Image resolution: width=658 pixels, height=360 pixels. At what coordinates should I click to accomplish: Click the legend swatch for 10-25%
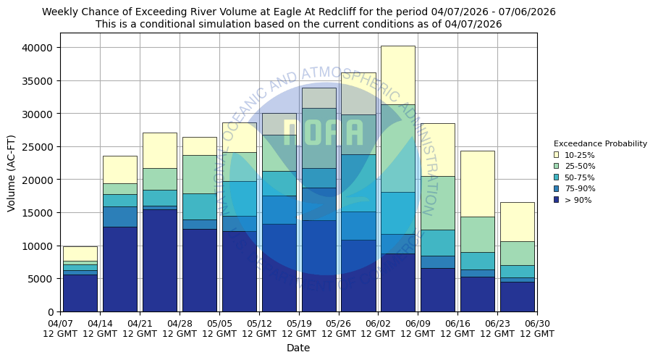coord(556,155)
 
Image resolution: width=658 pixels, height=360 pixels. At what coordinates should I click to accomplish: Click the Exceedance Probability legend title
coord(600,143)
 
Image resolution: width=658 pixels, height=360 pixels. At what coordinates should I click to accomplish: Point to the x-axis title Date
coord(298,348)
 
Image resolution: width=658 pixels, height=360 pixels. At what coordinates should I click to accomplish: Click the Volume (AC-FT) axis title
coord(12,172)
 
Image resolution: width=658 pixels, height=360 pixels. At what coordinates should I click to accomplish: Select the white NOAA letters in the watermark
coord(323,133)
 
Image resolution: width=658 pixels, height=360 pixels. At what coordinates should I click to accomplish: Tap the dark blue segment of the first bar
coord(80,293)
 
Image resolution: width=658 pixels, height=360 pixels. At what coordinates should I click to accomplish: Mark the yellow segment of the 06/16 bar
coord(477,183)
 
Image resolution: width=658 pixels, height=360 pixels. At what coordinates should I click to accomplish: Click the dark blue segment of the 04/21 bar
coord(159,261)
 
